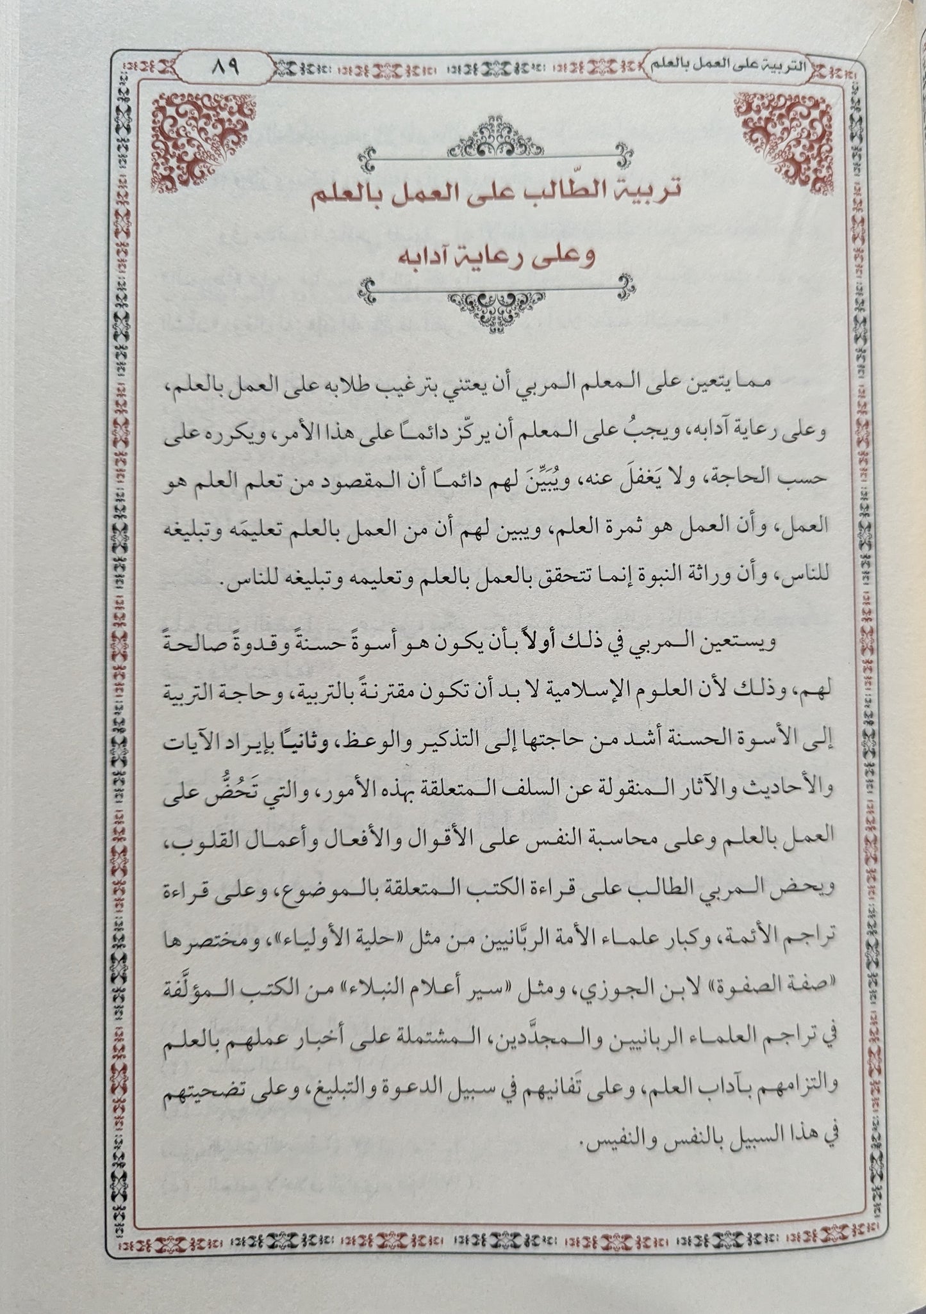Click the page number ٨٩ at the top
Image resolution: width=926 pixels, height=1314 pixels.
tap(223, 66)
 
